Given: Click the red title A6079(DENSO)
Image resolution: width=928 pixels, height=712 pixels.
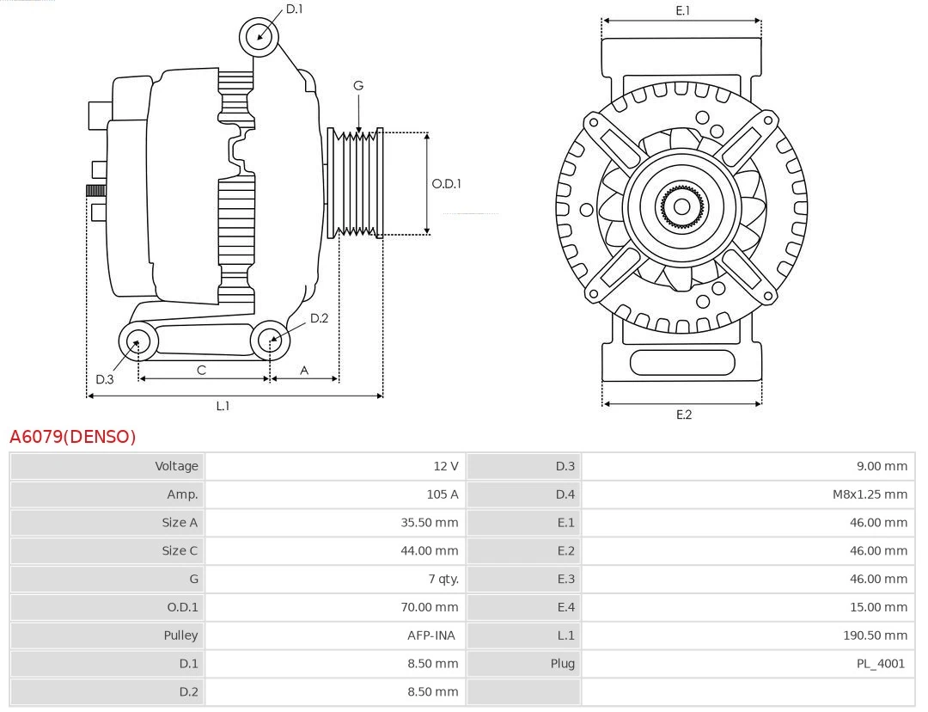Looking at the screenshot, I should pyautogui.click(x=73, y=437).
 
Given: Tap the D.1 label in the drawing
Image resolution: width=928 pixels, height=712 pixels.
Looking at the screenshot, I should pyautogui.click(x=294, y=9).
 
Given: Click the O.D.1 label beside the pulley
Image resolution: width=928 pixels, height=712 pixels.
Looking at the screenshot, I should pyautogui.click(x=446, y=183).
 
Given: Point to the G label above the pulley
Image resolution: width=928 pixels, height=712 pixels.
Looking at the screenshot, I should pyautogui.click(x=358, y=85).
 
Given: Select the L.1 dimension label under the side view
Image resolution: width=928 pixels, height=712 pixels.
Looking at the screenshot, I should pyautogui.click(x=223, y=406).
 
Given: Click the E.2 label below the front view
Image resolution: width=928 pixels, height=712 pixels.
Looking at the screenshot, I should pyautogui.click(x=683, y=414).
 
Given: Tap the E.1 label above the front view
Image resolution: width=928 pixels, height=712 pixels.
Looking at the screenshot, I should pyautogui.click(x=683, y=10).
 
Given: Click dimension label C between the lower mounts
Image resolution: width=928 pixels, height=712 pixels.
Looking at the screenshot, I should pyautogui.click(x=201, y=370).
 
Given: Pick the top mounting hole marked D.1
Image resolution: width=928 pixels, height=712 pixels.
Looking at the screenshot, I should pyautogui.click(x=259, y=37).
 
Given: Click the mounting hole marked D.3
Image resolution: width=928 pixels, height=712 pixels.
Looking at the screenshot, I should pyautogui.click(x=137, y=342).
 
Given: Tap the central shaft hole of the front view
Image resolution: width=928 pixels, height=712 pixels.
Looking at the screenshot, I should pyautogui.click(x=681, y=206).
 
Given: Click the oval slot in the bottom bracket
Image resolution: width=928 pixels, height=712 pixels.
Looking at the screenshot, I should pyautogui.click(x=682, y=362).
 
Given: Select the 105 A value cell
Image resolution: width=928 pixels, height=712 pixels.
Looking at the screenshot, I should pyautogui.click(x=442, y=494).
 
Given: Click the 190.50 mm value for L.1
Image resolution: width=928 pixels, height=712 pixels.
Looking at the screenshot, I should pyautogui.click(x=875, y=635).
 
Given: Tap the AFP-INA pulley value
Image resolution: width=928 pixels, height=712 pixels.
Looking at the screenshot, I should pyautogui.click(x=431, y=635).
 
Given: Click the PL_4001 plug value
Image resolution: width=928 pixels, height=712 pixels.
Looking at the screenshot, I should pyautogui.click(x=880, y=664).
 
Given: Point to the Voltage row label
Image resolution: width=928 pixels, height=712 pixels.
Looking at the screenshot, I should pyautogui.click(x=176, y=466).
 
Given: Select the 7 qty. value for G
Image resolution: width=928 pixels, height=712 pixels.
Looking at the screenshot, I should pyautogui.click(x=443, y=580).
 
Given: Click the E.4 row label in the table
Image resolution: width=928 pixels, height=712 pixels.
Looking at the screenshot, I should pyautogui.click(x=565, y=607).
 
